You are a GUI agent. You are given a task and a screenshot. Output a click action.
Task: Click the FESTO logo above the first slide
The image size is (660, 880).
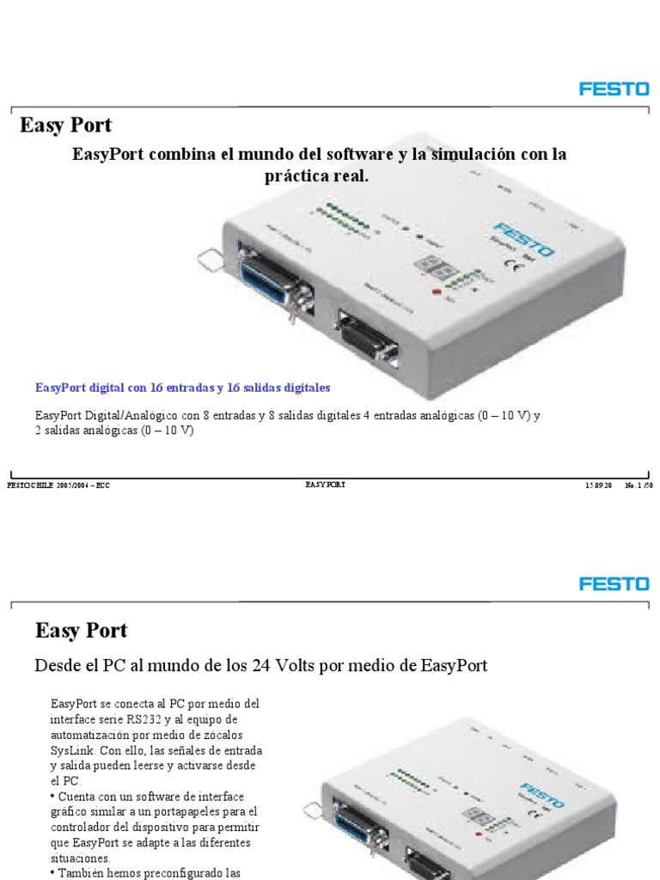tap(614, 89)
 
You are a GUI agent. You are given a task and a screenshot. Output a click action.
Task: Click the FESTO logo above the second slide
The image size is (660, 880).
tap(614, 584)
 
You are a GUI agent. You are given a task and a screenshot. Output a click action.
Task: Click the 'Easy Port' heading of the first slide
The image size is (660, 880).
tap(65, 125)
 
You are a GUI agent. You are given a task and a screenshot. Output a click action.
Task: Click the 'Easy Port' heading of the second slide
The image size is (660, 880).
tap(81, 630)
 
